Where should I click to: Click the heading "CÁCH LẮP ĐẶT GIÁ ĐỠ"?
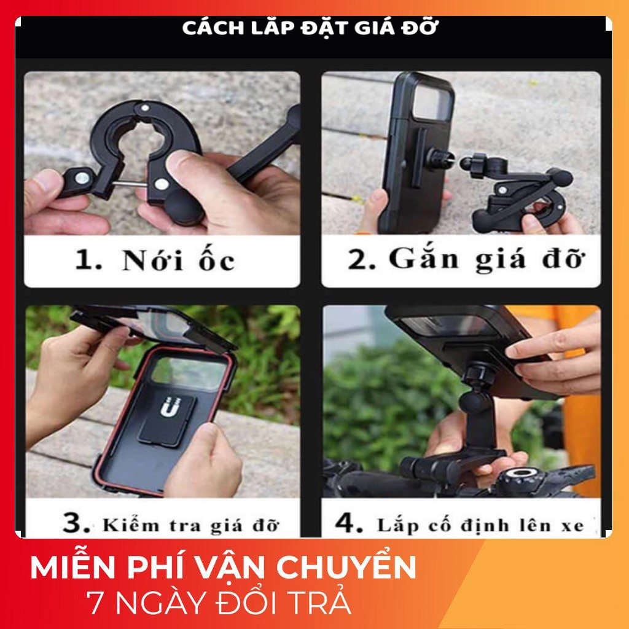pyautogui.click(x=310, y=28)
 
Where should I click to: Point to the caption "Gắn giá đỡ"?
pyautogui.click(x=486, y=259)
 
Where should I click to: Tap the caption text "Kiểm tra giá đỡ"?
pyautogui.click(x=190, y=525)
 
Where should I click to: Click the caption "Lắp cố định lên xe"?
pyautogui.click(x=480, y=525)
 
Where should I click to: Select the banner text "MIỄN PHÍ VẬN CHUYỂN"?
pyautogui.click(x=223, y=567)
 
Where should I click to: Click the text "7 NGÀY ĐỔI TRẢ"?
pyautogui.click(x=219, y=603)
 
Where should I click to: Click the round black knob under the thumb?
pyautogui.click(x=186, y=208)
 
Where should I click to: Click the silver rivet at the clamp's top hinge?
pyautogui.click(x=145, y=107)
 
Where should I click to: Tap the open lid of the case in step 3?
pyautogui.click(x=152, y=325)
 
